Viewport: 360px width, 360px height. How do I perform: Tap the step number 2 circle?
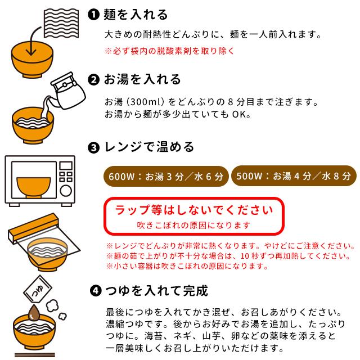point(94,79)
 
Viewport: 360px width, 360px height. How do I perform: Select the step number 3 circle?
point(94,148)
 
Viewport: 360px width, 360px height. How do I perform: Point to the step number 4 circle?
point(96,292)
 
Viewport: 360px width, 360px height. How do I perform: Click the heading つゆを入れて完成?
point(157,291)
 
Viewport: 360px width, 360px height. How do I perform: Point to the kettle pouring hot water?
point(67,89)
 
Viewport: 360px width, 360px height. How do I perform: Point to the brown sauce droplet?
point(34,312)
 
